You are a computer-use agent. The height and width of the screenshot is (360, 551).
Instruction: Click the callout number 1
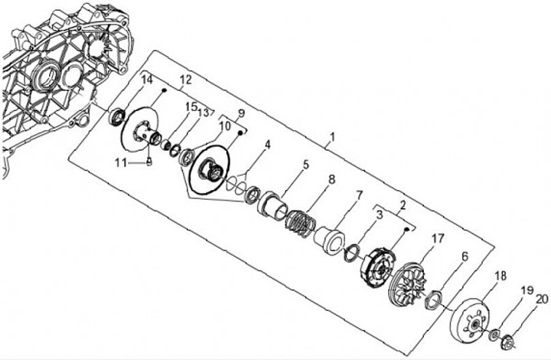(x=331, y=140)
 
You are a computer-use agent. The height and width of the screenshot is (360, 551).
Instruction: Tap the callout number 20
(x=541, y=299)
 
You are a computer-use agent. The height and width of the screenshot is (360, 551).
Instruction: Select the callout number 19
(x=526, y=289)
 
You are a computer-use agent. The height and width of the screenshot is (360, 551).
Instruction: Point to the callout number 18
(x=500, y=274)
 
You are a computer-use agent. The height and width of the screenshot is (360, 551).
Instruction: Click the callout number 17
(x=437, y=239)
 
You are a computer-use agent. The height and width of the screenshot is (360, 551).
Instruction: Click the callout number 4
(x=267, y=144)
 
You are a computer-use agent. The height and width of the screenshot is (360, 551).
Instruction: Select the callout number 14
(x=147, y=80)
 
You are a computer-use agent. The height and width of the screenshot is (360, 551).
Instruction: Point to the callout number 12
(x=184, y=80)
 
